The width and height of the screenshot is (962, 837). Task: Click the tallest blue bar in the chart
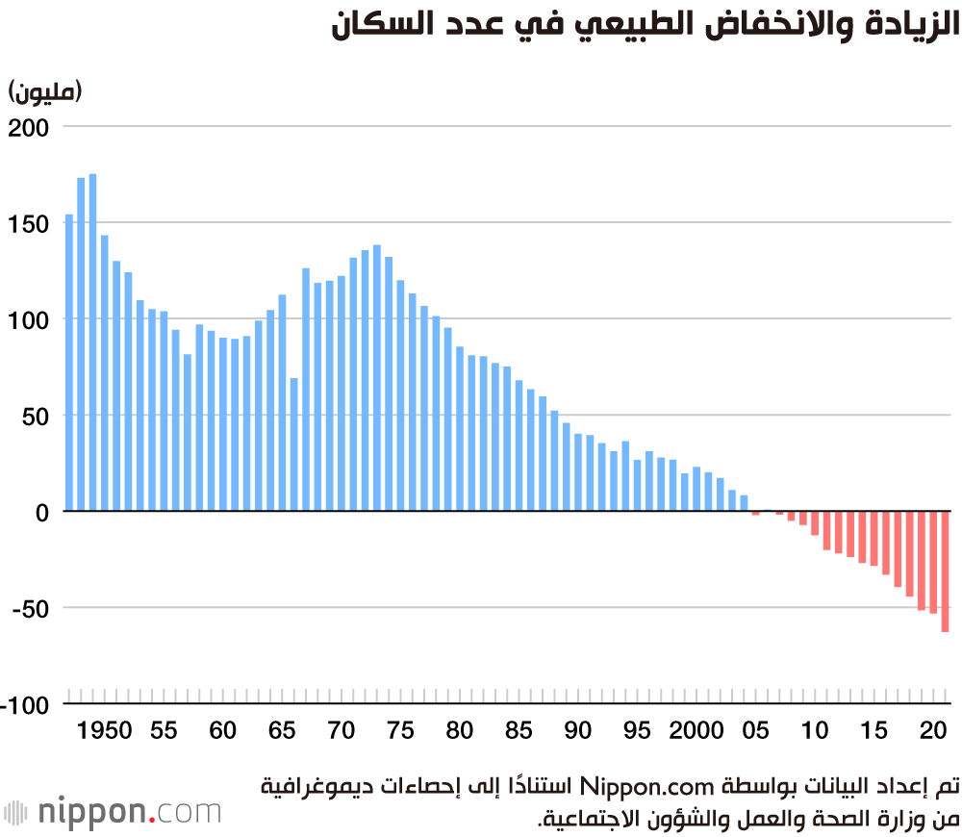click(93, 342)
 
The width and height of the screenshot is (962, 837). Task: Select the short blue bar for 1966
click(293, 444)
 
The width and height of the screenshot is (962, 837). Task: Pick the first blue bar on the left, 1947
click(69, 363)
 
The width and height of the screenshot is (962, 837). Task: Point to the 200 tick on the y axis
click(35, 127)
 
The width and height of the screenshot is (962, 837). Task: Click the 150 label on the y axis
click(35, 223)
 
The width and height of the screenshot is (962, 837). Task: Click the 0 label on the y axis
click(42, 512)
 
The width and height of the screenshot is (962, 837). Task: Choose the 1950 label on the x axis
click(105, 730)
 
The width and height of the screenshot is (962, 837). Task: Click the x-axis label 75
click(400, 730)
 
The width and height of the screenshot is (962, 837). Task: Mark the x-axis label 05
click(756, 730)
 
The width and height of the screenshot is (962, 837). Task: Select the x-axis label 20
click(933, 730)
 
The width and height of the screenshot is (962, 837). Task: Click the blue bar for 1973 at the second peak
click(377, 378)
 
